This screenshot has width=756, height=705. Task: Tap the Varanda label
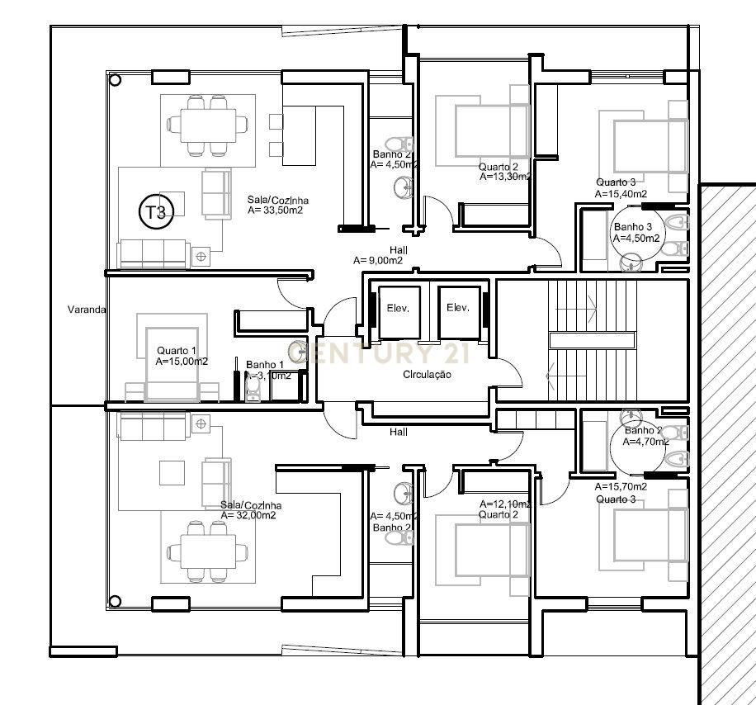(86, 310)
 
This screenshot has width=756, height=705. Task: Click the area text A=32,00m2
(248, 515)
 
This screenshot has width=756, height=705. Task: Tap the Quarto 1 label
(177, 350)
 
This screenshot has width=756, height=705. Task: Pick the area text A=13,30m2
(505, 177)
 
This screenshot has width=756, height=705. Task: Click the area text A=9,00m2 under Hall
(377, 260)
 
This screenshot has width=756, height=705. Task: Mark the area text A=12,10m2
(506, 504)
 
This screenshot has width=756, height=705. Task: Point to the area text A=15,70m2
(621, 487)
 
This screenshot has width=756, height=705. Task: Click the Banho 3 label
(632, 227)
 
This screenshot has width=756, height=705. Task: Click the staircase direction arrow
(550, 376)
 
